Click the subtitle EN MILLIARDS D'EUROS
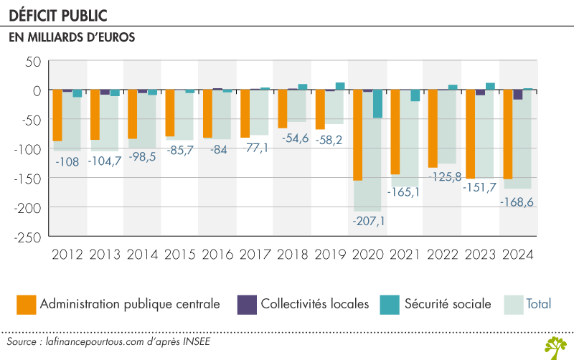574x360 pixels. (x=72, y=38)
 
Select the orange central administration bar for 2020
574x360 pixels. (x=357, y=135)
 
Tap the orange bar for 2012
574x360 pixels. (x=58, y=115)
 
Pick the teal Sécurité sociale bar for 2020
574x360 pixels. (x=377, y=104)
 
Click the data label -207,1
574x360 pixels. (x=369, y=221)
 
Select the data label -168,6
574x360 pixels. (x=519, y=203)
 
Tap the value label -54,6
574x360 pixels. (x=295, y=138)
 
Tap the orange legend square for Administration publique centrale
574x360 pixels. (x=27, y=304)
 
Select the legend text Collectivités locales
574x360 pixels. (x=315, y=304)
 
